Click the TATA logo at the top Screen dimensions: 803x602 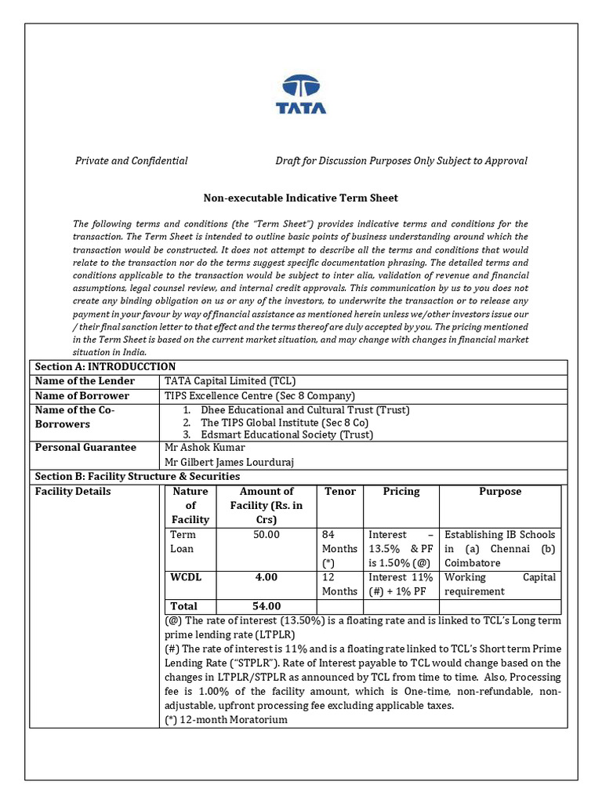[x=301, y=95]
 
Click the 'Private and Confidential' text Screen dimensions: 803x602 [x=131, y=161]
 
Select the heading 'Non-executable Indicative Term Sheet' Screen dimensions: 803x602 [x=300, y=198]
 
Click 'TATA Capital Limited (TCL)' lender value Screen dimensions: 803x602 [x=230, y=381]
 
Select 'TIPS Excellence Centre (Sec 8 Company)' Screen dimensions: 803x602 [x=259, y=396]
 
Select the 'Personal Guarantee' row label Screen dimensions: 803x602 [x=85, y=448]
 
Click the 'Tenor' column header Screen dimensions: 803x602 [x=339, y=492]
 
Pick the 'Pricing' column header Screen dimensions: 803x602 [x=401, y=492]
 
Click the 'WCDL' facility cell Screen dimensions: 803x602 [x=186, y=577]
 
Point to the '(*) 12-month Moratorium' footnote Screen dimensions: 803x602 [x=226, y=719]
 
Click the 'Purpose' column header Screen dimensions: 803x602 [x=499, y=492]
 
